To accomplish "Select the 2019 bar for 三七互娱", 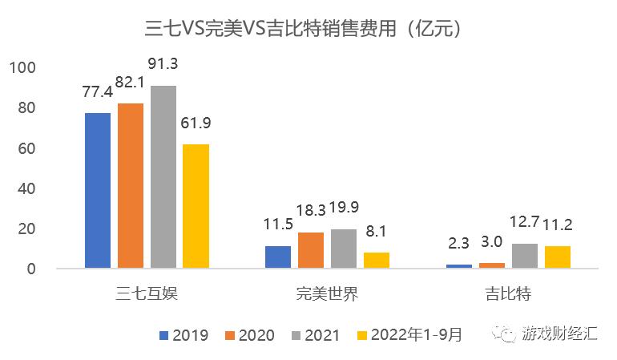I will [98, 190].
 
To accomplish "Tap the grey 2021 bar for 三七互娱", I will [163, 176].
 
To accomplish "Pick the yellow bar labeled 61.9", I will [196, 206].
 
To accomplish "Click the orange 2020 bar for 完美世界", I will [311, 250].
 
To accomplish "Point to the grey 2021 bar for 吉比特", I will [524, 256].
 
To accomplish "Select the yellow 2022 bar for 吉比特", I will [557, 257].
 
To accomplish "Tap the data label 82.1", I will [131, 83].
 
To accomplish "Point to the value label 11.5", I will [277, 224].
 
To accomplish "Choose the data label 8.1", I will [377, 231].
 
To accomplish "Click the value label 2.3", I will [459, 242].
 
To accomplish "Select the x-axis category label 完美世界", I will [327, 293].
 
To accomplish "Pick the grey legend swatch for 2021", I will [298, 335].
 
